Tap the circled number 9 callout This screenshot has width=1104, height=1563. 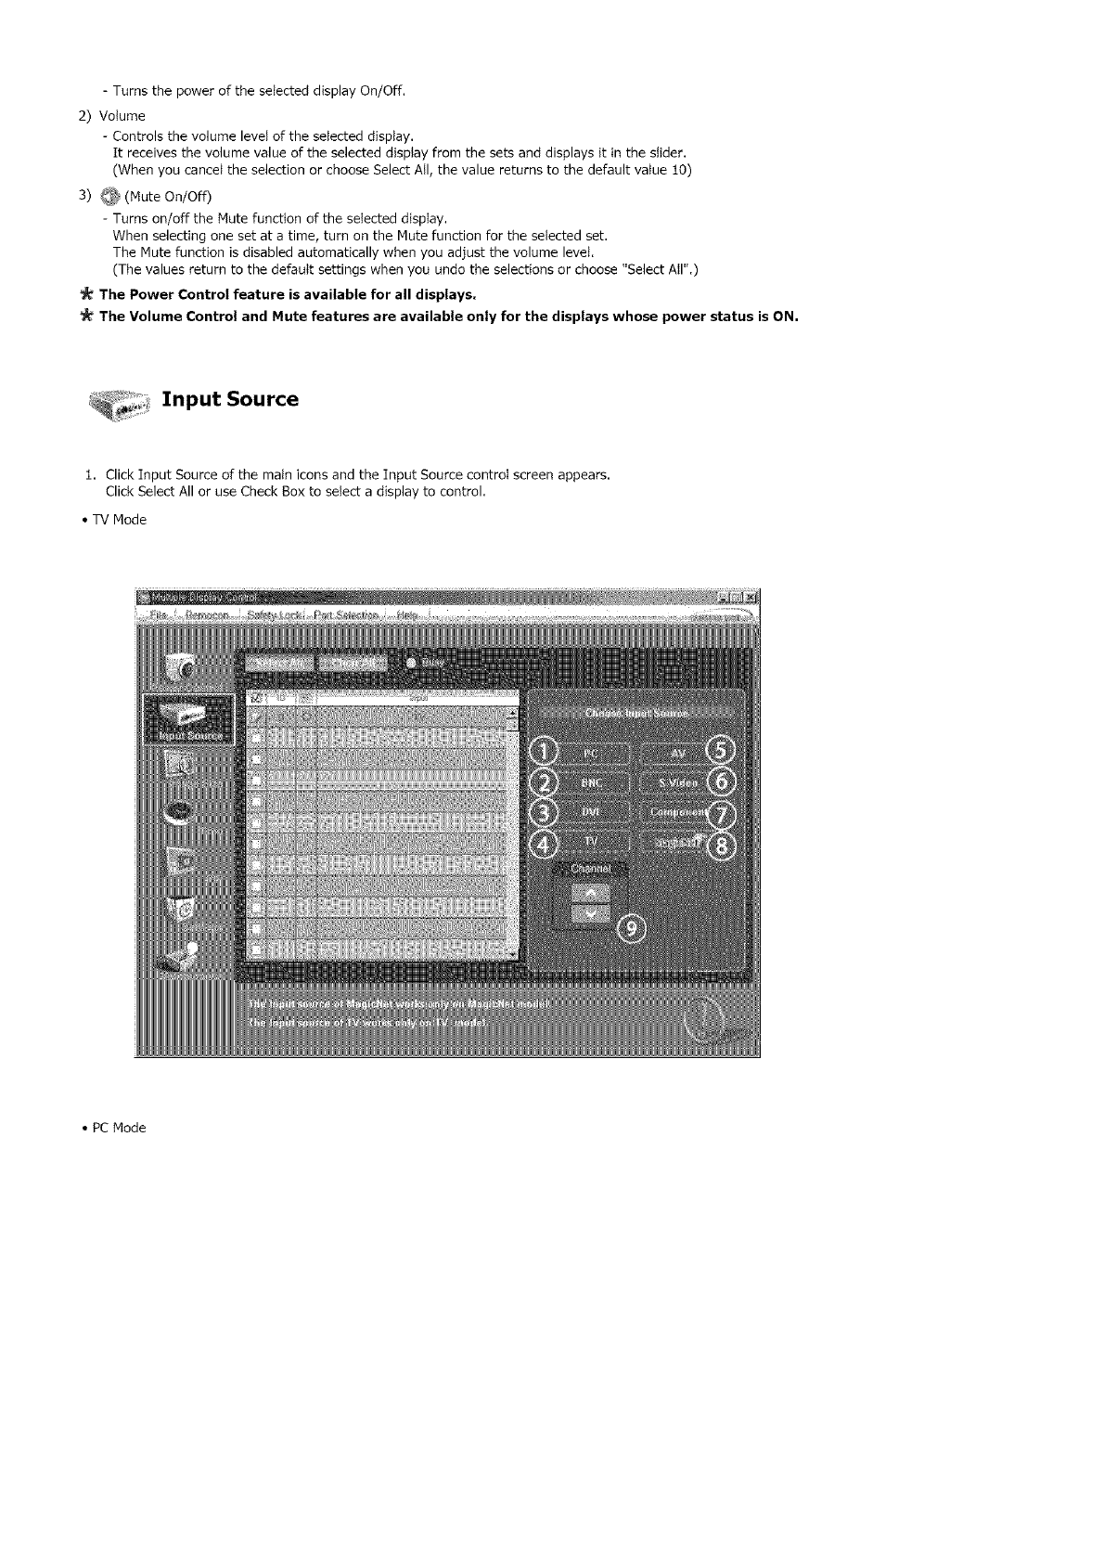coord(633,929)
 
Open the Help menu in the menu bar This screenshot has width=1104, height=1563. coord(407,615)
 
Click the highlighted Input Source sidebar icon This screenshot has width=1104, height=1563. coord(186,719)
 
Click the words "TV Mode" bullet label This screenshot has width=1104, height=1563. coord(118,520)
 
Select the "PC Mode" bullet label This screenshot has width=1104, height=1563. coord(118,1128)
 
